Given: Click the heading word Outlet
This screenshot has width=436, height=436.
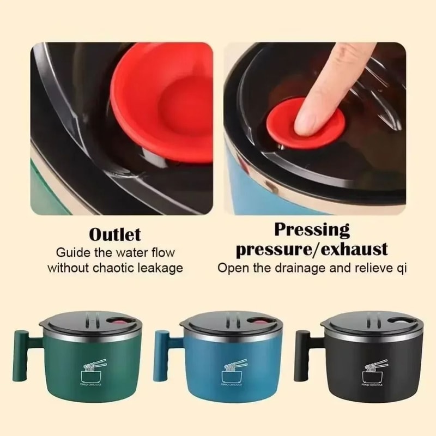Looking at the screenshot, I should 114,235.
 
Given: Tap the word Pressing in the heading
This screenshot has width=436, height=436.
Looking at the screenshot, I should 311,229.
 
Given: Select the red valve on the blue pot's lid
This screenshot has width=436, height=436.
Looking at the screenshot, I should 258,325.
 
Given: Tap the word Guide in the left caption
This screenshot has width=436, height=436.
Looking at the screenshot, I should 69,253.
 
